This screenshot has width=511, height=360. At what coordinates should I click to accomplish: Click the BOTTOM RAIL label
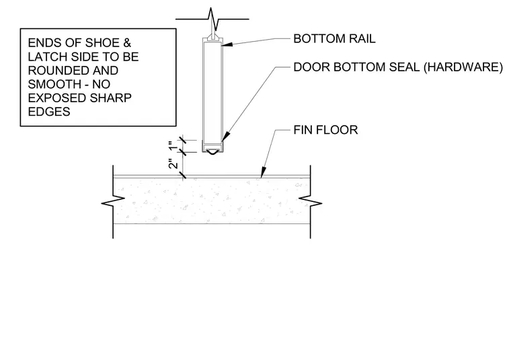pyautogui.click(x=334, y=39)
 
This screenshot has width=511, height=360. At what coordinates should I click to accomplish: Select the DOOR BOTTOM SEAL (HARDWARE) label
pyautogui.click(x=398, y=67)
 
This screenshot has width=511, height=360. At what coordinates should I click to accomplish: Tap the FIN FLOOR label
pyautogui.click(x=325, y=130)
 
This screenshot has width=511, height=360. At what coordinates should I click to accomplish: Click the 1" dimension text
pyautogui.click(x=174, y=145)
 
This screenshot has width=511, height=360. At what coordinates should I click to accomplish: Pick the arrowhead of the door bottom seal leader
pyautogui.click(x=226, y=137)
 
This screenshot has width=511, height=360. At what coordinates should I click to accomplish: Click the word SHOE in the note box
pyautogui.click(x=102, y=43)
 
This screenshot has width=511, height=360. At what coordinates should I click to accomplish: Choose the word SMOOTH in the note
pyautogui.click(x=53, y=84)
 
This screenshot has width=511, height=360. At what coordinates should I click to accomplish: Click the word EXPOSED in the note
pyautogui.click(x=57, y=98)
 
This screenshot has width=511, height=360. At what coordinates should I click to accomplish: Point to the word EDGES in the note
pyautogui.click(x=49, y=112)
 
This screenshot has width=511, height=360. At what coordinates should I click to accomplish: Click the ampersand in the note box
pyautogui.click(x=127, y=43)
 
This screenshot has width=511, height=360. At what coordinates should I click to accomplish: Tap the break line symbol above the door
pyautogui.click(x=212, y=19)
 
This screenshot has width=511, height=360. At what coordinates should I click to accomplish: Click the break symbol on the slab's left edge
pyautogui.click(x=113, y=202)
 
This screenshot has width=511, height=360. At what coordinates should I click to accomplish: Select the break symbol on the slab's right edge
pyautogui.click(x=310, y=202)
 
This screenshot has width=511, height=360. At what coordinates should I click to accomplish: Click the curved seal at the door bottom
pyautogui.click(x=212, y=151)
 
